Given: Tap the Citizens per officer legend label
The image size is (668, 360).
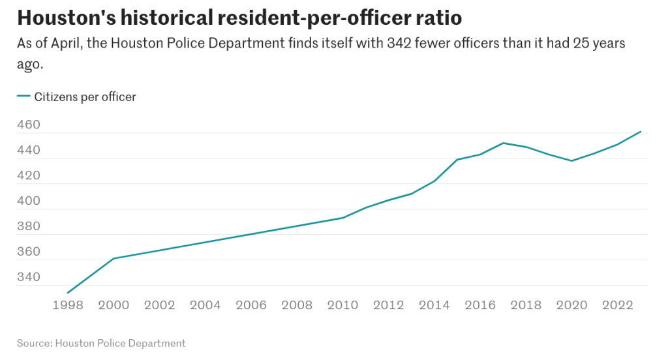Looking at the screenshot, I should [x=85, y=97].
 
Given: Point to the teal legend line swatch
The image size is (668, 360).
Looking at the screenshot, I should [x=23, y=97].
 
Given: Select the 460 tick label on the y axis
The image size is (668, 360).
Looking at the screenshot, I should [x=29, y=125].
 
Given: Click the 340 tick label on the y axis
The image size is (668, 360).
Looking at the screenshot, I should [x=29, y=277].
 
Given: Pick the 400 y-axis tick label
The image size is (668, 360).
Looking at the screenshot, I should [x=29, y=201].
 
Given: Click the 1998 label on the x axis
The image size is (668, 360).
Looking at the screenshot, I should [x=68, y=305].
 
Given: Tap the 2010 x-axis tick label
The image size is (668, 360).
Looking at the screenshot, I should [x=342, y=305].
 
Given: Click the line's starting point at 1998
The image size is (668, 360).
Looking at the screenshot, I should [x=68, y=292].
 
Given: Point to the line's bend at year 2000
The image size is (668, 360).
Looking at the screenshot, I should [x=114, y=258].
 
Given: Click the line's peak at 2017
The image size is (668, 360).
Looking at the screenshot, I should [x=503, y=143].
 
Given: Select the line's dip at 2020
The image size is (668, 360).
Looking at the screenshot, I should [x=571, y=160].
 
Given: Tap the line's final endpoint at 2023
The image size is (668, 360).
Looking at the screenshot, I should [x=641, y=132].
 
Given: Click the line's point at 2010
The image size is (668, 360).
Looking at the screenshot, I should [x=342, y=218].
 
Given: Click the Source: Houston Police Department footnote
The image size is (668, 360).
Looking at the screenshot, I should [x=101, y=343].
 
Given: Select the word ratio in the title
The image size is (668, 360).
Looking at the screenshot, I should [x=438, y=18].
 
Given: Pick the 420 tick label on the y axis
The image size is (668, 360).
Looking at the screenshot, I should [x=29, y=175].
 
